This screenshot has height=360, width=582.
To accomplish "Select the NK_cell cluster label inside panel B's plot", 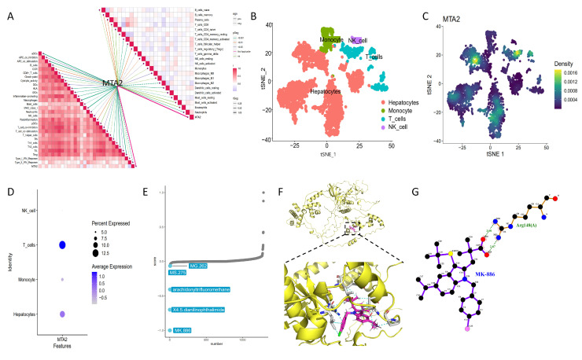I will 361,39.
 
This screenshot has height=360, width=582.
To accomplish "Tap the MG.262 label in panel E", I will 197,266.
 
